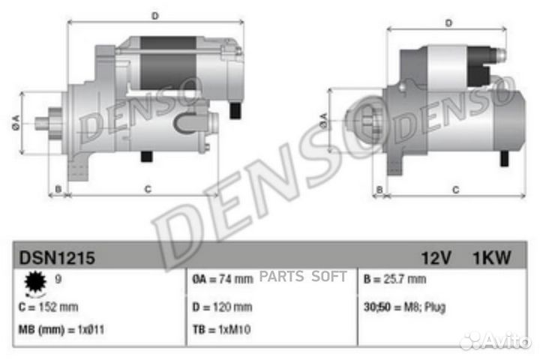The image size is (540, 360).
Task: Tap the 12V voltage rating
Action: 436,259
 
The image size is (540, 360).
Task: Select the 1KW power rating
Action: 491,259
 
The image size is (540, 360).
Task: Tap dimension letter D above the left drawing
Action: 155,15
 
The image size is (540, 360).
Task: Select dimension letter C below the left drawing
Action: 148,190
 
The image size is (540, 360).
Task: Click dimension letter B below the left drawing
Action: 58,190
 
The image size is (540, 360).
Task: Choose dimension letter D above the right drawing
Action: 448,23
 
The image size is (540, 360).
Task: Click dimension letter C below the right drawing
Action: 454,190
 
